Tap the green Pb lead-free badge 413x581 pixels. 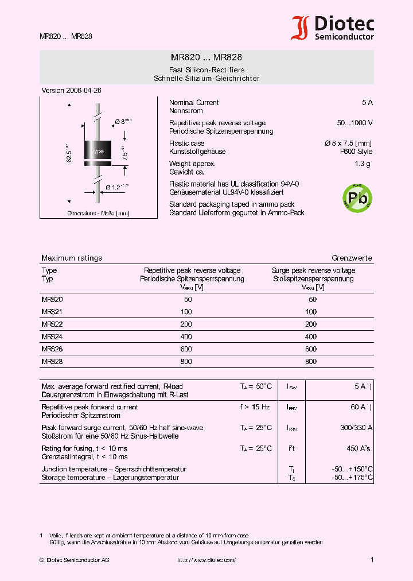pyautogui.click(x=357, y=197)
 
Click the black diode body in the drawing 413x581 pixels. pyautogui.click(x=98, y=150)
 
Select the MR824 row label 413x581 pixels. pyautogui.click(x=52, y=336)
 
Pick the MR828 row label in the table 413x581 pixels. pyautogui.click(x=52, y=362)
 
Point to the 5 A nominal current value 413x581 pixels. pyautogui.click(x=367, y=103)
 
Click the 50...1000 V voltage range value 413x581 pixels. pyautogui.click(x=354, y=123)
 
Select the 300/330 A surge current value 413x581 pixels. pyautogui.click(x=356, y=428)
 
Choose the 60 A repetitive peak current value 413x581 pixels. pyautogui.click(x=359, y=407)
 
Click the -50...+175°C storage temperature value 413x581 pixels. pyautogui.click(x=352, y=478)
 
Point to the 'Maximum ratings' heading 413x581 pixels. pyautogui.click(x=72, y=258)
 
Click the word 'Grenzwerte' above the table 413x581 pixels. pyautogui.click(x=352, y=258)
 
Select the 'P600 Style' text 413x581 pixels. pyautogui.click(x=356, y=152)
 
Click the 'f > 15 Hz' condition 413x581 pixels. pyautogui.click(x=255, y=407)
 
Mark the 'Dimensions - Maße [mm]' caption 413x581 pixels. pyautogui.click(x=98, y=214)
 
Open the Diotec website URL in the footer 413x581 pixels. pyautogui.click(x=206, y=560)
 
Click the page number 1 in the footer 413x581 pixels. pyautogui.click(x=372, y=560)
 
